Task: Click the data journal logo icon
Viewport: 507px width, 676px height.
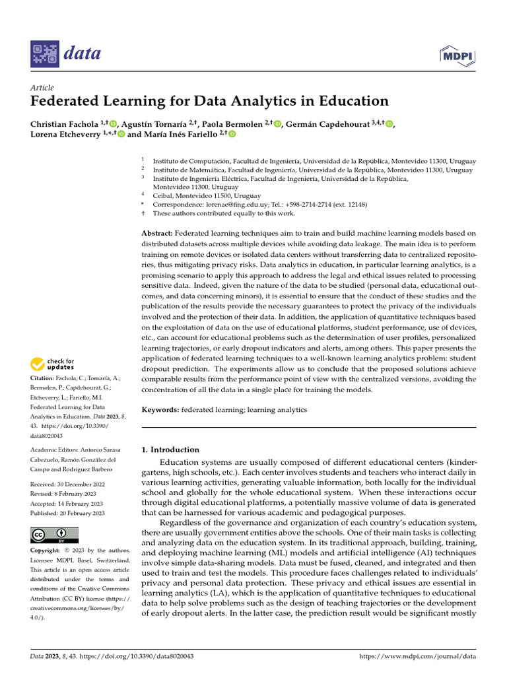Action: (x=44, y=53)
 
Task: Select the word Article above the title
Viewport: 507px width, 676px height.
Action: (x=42, y=88)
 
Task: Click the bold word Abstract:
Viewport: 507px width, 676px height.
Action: (x=157, y=233)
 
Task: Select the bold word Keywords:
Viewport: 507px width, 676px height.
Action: (x=160, y=410)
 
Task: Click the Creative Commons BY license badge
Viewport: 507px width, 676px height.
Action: (x=54, y=535)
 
